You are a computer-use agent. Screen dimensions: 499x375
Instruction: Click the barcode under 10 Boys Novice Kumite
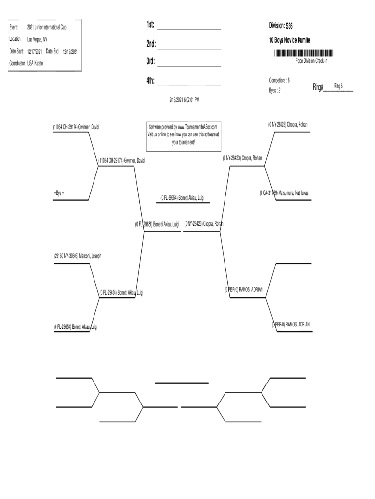[303, 53]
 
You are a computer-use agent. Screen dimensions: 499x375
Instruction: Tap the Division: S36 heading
[281, 25]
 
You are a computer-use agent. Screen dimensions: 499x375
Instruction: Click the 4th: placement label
[150, 81]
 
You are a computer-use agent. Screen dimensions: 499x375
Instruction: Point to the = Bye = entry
[59, 193]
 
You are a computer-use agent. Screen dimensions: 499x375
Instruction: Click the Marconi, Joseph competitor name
[77, 255]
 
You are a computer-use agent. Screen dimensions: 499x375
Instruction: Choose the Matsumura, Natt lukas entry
[284, 193]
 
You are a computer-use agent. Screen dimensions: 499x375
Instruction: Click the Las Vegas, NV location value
[37, 39]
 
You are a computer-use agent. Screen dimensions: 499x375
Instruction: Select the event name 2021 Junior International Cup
[47, 27]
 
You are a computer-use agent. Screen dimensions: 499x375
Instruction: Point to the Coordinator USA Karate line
[26, 63]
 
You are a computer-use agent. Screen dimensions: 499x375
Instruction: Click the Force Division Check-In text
[315, 61]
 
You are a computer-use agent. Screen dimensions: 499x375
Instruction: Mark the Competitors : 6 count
[280, 80]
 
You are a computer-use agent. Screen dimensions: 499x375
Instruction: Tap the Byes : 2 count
[275, 90]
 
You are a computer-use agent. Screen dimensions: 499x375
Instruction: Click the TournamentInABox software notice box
[184, 134]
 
